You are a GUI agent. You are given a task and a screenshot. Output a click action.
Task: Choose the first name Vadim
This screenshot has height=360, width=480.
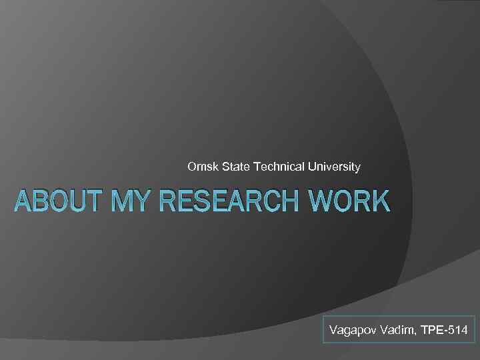coord(396,331)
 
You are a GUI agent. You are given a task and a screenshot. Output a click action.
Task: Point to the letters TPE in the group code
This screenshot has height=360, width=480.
coord(433,331)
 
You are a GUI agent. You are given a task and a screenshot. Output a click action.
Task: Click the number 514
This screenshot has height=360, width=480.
coord(459,331)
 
